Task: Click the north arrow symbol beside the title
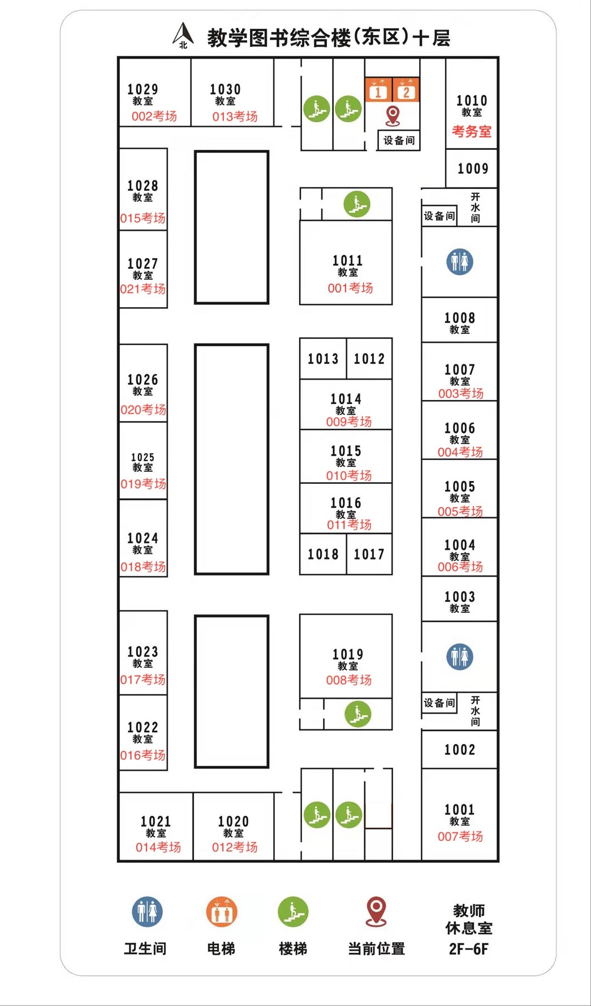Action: (183, 36)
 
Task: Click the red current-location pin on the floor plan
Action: (392, 115)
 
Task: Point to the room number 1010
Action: (472, 101)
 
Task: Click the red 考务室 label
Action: (472, 132)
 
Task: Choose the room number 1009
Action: (473, 169)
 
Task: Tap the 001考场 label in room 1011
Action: (350, 288)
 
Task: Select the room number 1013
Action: (323, 359)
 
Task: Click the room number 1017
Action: (369, 554)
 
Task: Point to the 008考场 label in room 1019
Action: (348, 680)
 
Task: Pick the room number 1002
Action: (459, 750)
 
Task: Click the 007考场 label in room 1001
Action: (460, 836)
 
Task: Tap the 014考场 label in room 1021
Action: (158, 847)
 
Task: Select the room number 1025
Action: (143, 457)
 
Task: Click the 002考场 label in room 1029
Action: (154, 117)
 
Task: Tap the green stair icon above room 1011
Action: (357, 204)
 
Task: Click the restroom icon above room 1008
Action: (460, 261)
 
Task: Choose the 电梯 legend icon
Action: (221, 912)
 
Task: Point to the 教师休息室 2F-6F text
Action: (468, 929)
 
